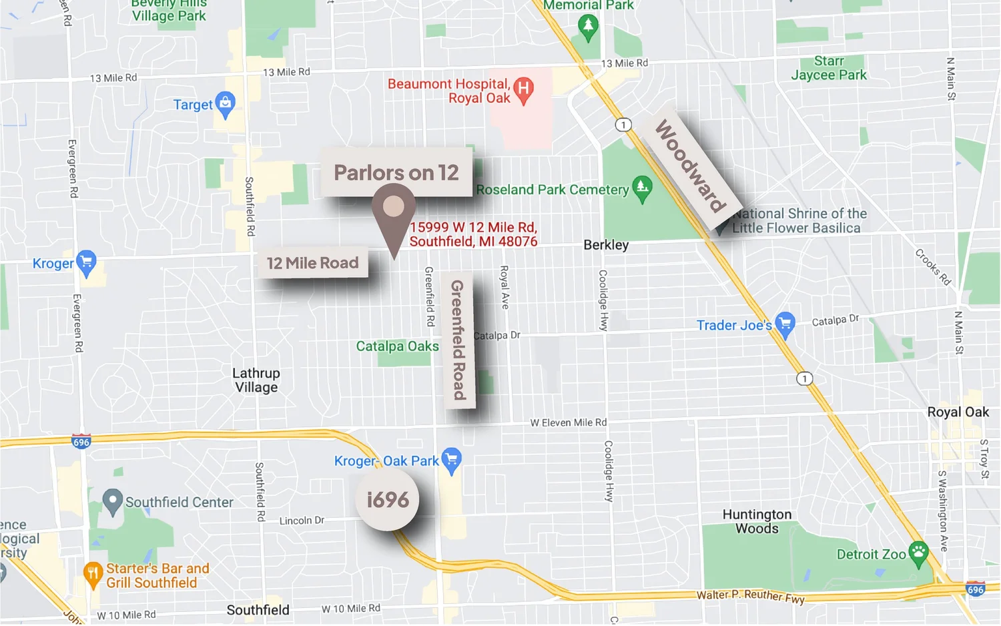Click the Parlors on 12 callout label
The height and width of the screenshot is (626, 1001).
click(396, 172)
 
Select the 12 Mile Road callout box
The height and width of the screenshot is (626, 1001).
click(312, 263)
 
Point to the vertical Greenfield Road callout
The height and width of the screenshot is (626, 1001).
click(458, 340)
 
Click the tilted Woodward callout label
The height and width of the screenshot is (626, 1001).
click(690, 166)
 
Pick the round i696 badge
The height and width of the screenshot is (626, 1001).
click(387, 499)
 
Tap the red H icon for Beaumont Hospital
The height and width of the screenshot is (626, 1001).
click(524, 89)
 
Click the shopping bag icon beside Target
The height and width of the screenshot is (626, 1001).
click(226, 103)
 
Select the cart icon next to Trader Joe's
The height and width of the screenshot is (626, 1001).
click(785, 324)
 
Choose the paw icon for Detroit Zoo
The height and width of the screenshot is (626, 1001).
click(919, 553)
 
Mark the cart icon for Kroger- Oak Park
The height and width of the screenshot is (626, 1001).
click(452, 460)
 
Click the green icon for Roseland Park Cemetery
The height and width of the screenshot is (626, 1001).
click(642, 188)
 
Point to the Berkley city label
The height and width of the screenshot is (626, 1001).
click(606, 245)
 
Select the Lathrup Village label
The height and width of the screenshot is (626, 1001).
click(256, 380)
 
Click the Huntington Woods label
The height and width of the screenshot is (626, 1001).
click(757, 521)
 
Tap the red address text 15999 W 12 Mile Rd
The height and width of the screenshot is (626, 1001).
click(473, 234)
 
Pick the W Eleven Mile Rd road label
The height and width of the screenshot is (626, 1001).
click(569, 422)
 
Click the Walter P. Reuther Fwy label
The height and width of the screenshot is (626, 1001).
click(750, 596)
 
